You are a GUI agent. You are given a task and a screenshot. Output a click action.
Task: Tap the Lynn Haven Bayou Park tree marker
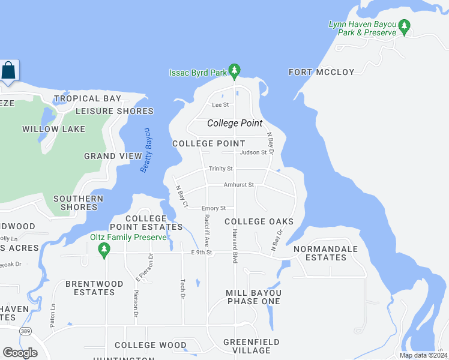point(405,27)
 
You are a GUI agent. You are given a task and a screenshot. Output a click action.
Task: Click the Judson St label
point(253,152)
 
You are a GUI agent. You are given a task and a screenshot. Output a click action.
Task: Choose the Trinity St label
point(220,169)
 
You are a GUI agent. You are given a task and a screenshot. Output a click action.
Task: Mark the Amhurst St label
point(239,185)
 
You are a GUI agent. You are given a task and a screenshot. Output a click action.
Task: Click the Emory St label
point(213,208)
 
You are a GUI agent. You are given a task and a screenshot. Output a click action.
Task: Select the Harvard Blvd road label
point(235,246)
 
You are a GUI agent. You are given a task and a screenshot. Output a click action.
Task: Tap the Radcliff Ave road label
point(206,231)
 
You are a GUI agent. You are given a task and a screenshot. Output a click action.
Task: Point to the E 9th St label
point(203,252)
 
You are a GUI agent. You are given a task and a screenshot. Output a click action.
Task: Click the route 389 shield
point(25,331)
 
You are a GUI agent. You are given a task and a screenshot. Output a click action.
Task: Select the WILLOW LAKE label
point(53,129)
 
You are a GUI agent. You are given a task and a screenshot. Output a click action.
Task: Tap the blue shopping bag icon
point(9,71)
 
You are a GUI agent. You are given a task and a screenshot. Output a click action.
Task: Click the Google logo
point(20,353)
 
